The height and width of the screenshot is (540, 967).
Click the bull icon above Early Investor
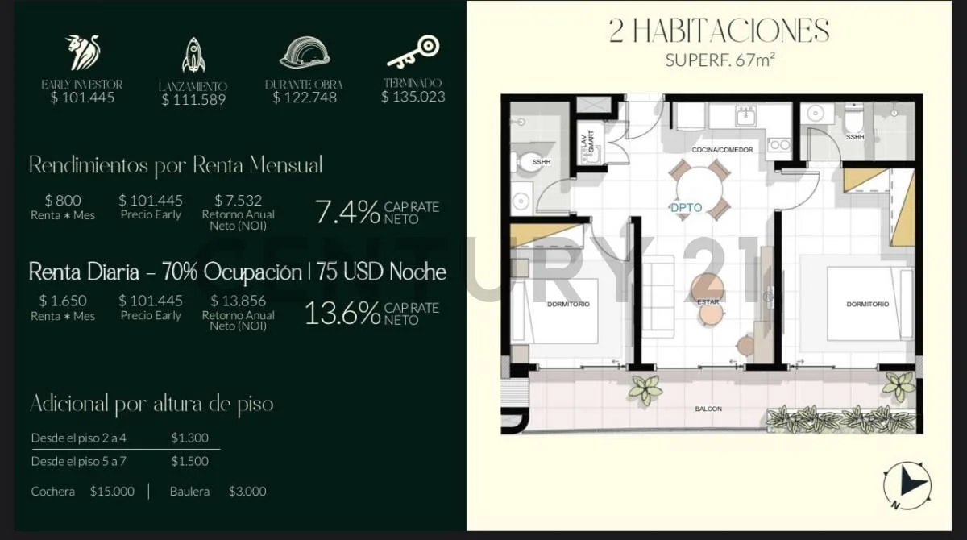82,52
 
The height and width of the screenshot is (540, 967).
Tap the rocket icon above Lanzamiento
193,55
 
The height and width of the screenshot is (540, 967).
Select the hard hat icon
305,52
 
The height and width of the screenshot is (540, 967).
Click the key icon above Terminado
413,52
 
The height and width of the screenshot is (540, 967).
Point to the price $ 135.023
413,97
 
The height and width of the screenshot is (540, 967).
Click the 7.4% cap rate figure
347,212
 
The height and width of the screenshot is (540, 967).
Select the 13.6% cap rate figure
342,313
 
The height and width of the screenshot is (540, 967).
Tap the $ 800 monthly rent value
63,201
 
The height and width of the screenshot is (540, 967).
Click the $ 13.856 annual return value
238,301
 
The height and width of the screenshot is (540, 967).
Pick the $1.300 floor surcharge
190,438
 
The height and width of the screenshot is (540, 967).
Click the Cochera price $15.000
112,491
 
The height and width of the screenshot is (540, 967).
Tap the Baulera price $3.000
247,491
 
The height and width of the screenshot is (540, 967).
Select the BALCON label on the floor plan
708,409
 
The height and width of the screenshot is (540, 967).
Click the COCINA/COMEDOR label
722,150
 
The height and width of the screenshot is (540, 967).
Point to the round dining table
699,189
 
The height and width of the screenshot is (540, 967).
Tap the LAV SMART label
587,141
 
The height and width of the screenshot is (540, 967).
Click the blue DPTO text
687,208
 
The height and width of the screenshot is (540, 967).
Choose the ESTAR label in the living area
708,302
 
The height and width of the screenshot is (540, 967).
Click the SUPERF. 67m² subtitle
720,60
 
